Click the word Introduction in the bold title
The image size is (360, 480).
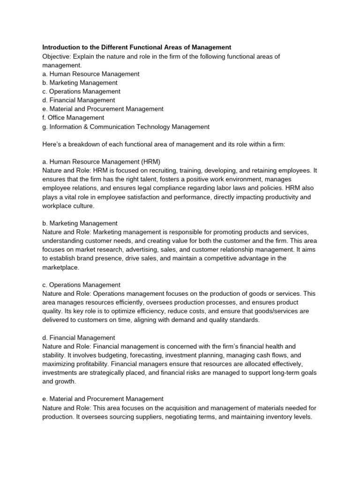pos(61,47)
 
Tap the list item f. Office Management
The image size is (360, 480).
pos(73,118)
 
